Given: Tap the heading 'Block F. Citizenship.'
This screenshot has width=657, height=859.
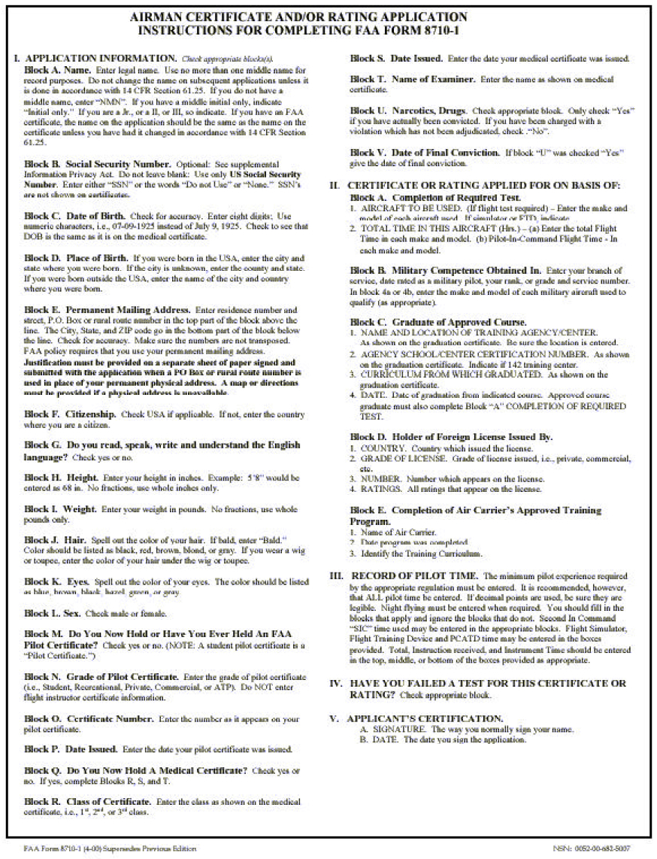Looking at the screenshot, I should [x=71, y=414].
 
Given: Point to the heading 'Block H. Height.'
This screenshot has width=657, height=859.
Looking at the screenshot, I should [x=62, y=478].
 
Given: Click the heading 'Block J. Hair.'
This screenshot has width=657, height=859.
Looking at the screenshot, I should [x=56, y=540].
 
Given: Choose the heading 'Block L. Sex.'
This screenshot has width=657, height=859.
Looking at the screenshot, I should [x=54, y=614].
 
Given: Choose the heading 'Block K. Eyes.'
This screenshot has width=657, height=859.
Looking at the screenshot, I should [x=56, y=581].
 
